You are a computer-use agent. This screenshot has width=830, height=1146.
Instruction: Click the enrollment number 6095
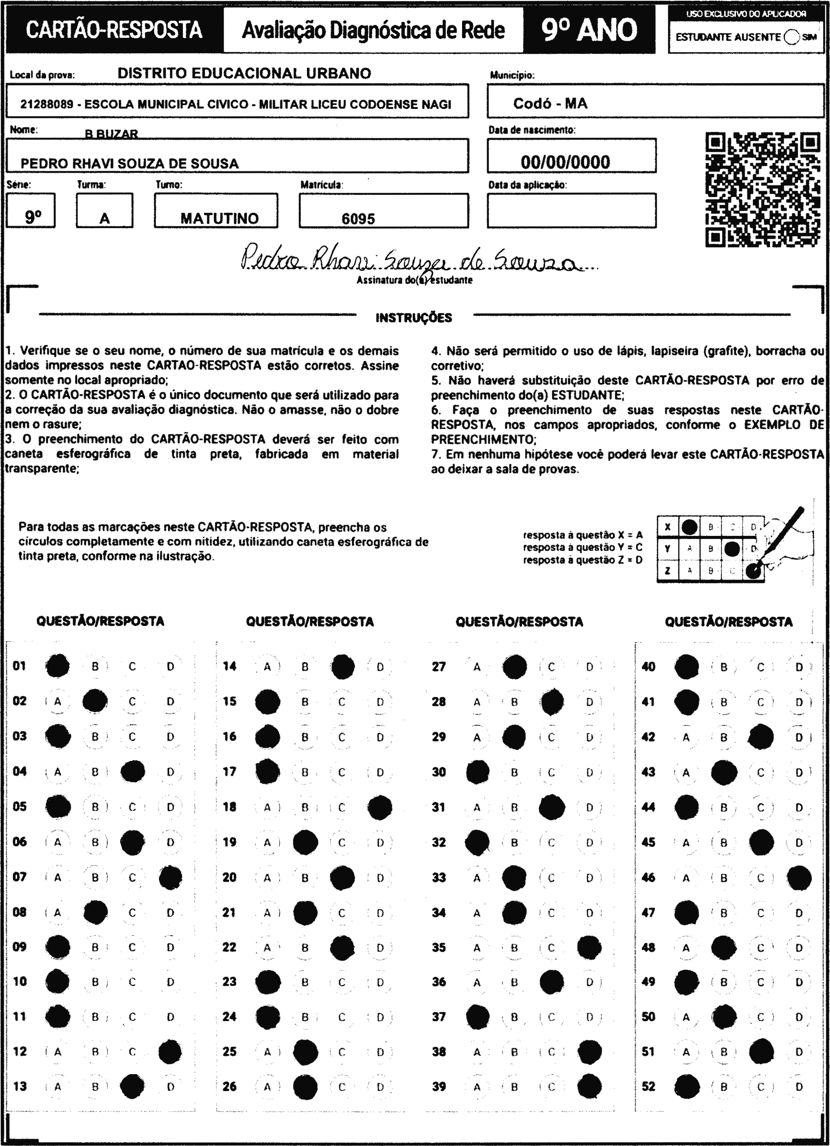pos(358,219)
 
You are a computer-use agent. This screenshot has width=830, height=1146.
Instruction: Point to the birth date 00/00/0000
pos(565,162)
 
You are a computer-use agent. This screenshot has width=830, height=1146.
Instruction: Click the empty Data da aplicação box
pos(571,210)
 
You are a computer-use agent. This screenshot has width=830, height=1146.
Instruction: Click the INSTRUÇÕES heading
pos(414,318)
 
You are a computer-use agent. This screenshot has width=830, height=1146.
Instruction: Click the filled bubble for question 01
pos(58,666)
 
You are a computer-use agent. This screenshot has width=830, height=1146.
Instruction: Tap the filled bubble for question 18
pos(380,807)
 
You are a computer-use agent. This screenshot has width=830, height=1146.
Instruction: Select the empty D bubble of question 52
pos(799,1086)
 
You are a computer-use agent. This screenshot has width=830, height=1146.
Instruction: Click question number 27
pos(438,666)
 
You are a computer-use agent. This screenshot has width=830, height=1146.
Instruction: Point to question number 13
pos(20,1086)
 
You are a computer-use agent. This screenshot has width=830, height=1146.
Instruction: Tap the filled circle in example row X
pos(690,527)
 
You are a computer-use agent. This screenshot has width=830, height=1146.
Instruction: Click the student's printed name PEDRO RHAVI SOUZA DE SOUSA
pos(129,164)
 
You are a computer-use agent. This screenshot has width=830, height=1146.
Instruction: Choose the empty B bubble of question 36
pos(514,983)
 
